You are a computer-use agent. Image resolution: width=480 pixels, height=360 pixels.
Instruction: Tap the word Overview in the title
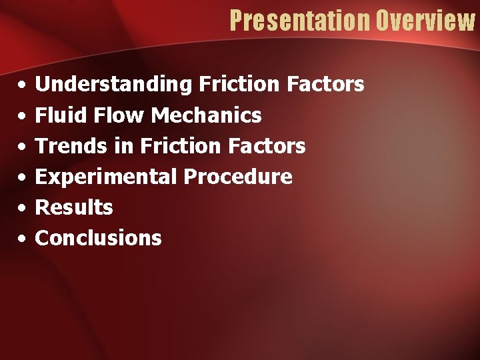425,21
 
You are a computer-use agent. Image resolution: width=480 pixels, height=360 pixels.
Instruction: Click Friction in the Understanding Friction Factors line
239,85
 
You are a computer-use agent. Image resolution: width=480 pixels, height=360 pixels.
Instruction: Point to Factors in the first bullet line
325,85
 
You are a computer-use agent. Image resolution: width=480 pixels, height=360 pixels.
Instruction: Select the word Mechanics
207,115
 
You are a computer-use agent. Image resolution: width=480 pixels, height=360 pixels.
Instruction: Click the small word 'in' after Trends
125,146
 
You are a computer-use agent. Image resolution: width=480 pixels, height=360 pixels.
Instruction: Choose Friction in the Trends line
180,146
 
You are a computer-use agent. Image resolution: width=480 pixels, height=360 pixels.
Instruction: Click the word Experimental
106,177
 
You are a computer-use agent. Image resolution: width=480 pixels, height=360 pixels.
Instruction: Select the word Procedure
238,177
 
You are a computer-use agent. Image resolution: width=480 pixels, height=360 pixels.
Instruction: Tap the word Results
74,207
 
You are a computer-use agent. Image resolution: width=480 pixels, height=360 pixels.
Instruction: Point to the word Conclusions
98,238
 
